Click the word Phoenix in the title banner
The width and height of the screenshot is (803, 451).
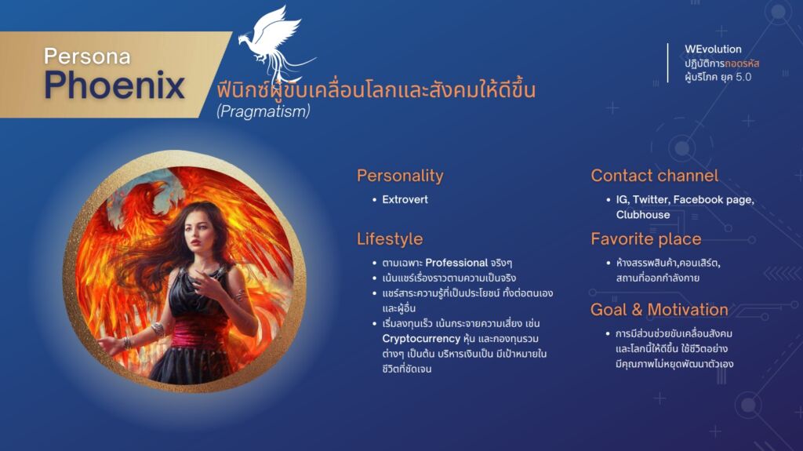pos(114,85)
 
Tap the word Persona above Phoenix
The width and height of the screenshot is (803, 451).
pos(87,56)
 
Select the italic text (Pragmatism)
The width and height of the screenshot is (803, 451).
pos(263,111)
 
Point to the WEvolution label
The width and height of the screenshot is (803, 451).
pos(713,49)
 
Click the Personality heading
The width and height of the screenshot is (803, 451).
pos(400,176)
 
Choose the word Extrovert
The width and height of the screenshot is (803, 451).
pos(405,199)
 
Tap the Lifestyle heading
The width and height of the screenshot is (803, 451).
pos(390,238)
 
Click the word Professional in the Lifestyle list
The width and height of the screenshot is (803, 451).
pos(456,263)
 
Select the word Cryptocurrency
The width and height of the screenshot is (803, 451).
pos(421,339)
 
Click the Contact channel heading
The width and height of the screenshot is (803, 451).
pos(655,176)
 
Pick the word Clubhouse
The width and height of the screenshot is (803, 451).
pos(643,215)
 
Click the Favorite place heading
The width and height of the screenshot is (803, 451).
pos(646,238)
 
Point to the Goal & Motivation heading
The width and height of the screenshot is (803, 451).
pos(659,310)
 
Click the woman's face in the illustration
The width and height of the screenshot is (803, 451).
pos(198,231)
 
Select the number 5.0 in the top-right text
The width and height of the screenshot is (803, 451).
pos(743,77)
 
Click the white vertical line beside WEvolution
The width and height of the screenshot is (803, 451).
pos(667,63)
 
